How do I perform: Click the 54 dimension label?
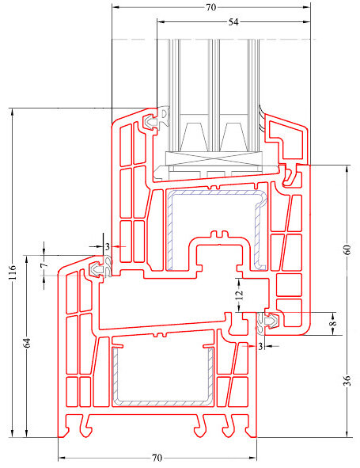click(233, 22)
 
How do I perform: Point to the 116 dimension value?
click(12, 272)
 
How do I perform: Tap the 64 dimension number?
click(27, 343)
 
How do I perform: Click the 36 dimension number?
click(347, 381)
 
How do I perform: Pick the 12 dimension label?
click(239, 295)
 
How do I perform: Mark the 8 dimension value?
click(334, 323)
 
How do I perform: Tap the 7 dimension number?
click(44, 265)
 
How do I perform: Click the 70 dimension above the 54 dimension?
click(211, 7)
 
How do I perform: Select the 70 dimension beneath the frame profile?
click(157, 458)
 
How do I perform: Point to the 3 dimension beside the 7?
click(108, 247)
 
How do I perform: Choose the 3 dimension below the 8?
click(260, 346)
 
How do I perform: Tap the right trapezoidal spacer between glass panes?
click(233, 136)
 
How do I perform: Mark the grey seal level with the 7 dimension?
click(101, 268)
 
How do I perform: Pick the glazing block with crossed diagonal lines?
click(212, 158)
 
